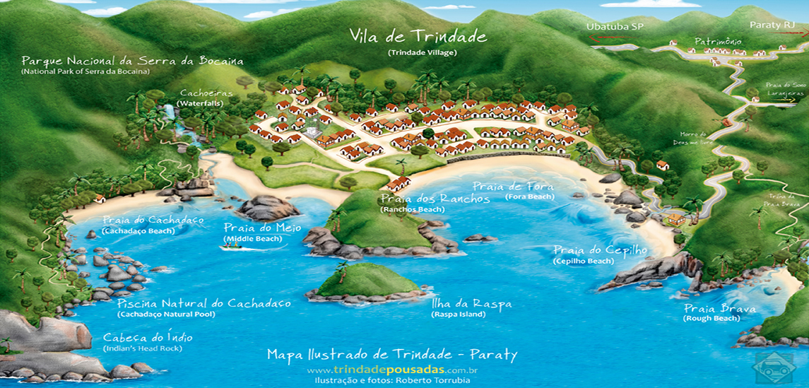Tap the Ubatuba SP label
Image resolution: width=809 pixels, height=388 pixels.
coord(614,26)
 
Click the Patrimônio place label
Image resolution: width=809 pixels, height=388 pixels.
coord(717,42)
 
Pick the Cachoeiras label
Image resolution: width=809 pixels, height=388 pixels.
coord(201,93)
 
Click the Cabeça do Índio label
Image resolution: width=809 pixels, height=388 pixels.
coord(148,338)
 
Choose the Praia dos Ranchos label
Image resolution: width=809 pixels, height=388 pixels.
coord(435,199)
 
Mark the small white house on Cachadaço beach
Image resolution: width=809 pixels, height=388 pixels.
coord(100,199)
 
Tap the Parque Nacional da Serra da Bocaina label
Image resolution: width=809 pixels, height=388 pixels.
coord(132,61)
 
